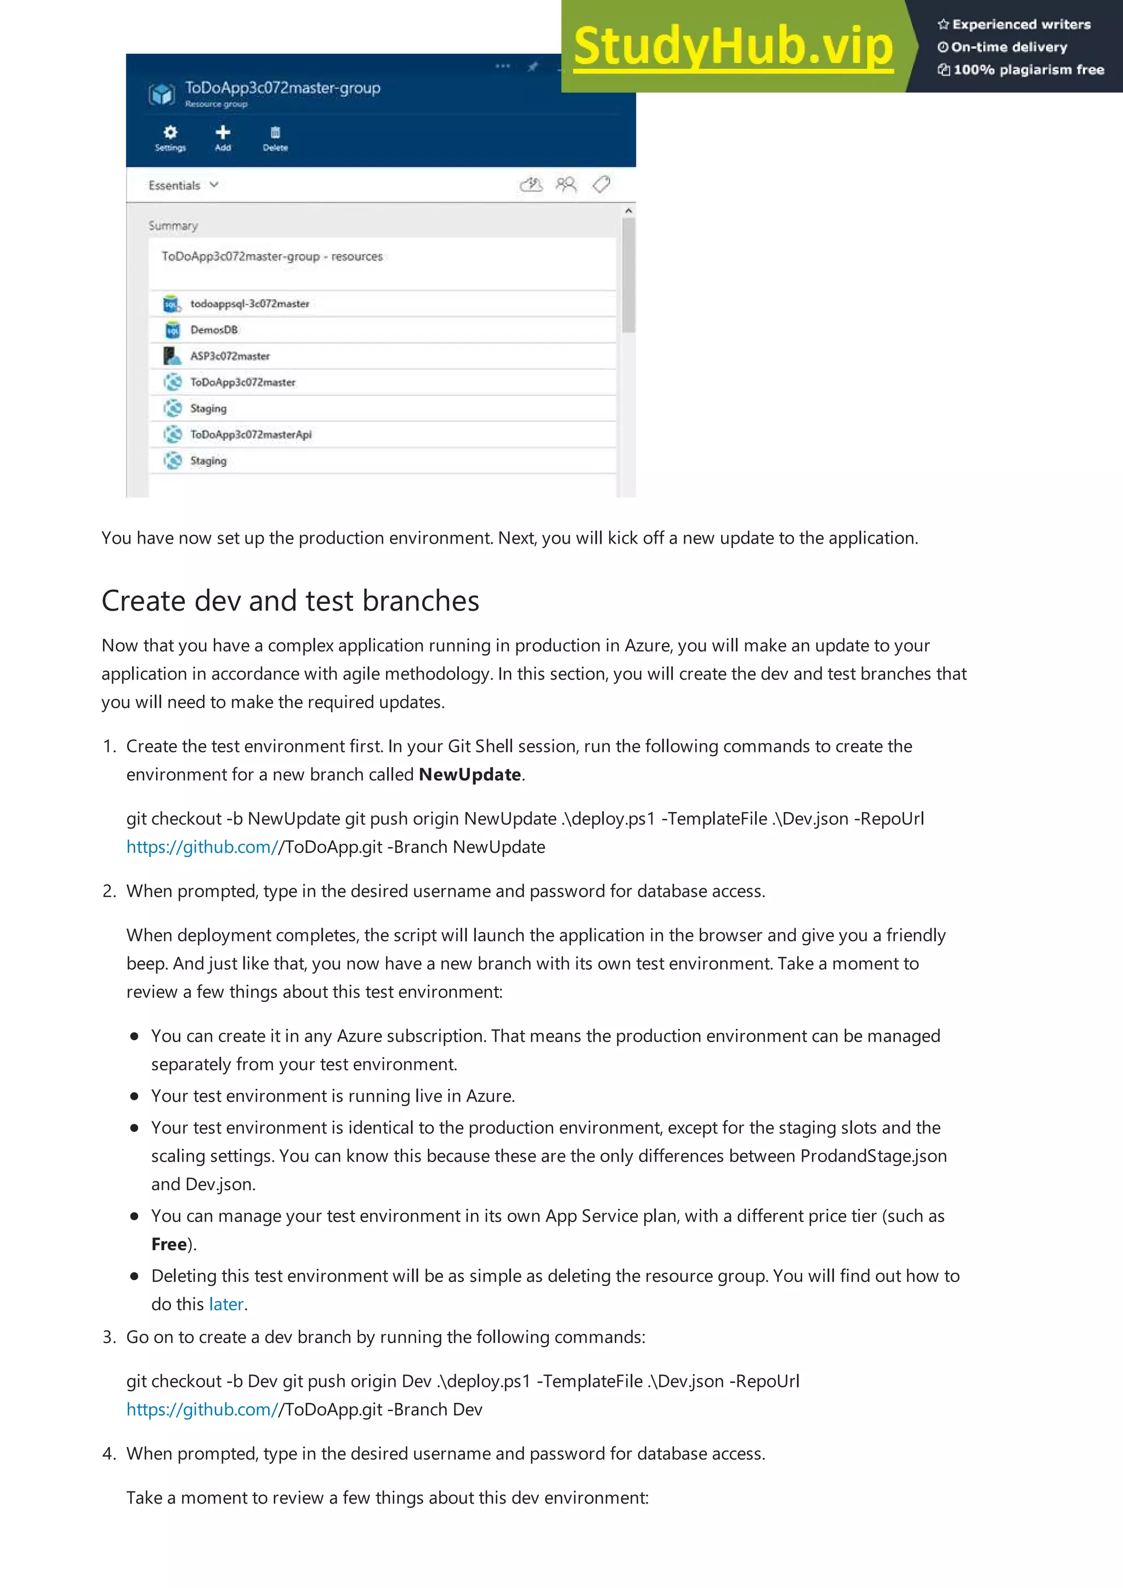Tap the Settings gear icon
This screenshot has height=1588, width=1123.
tap(170, 132)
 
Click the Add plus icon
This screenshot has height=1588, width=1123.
tap(223, 132)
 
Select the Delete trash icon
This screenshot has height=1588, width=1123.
tap(275, 132)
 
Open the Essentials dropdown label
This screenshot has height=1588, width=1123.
tap(174, 185)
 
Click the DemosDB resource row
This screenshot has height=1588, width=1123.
tap(214, 330)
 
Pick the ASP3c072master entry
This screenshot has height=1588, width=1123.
tap(230, 356)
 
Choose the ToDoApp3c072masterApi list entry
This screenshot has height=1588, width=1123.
tap(251, 435)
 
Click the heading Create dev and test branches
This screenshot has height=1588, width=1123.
tap(290, 601)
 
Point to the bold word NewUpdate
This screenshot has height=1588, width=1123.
tap(470, 775)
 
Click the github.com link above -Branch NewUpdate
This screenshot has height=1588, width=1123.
tap(202, 847)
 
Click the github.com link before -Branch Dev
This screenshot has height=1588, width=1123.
tap(202, 1409)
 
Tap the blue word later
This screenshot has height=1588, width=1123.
tap(226, 1304)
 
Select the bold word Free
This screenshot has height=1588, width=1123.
tap(169, 1244)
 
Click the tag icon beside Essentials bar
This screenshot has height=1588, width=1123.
tap(602, 184)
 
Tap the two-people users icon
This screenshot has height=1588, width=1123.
tap(566, 184)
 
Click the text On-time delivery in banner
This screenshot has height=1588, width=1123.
tap(1008, 47)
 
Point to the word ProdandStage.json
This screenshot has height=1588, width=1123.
tap(873, 1156)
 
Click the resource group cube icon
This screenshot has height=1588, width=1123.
tap(162, 93)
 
